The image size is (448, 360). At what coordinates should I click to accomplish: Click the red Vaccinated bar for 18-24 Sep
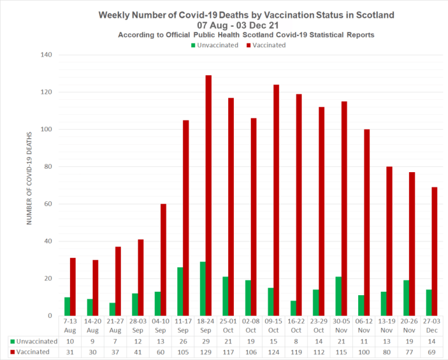(x=208, y=195)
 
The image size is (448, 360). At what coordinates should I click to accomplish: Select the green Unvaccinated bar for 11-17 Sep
(x=180, y=292)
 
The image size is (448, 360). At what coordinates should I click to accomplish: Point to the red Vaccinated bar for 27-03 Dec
(x=434, y=251)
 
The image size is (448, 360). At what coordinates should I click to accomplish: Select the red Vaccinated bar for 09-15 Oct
(x=276, y=200)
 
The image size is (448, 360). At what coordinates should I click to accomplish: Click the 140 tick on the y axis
(x=45, y=55)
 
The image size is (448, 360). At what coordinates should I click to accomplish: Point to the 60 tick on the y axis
(x=48, y=204)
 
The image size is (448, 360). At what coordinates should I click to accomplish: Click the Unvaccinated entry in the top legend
(x=214, y=45)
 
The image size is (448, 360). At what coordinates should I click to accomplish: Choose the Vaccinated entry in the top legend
(x=266, y=45)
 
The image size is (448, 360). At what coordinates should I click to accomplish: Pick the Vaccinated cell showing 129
(x=205, y=352)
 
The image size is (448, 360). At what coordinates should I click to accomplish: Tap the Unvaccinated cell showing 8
(x=295, y=341)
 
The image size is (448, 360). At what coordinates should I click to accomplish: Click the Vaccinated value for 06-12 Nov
(x=363, y=352)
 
